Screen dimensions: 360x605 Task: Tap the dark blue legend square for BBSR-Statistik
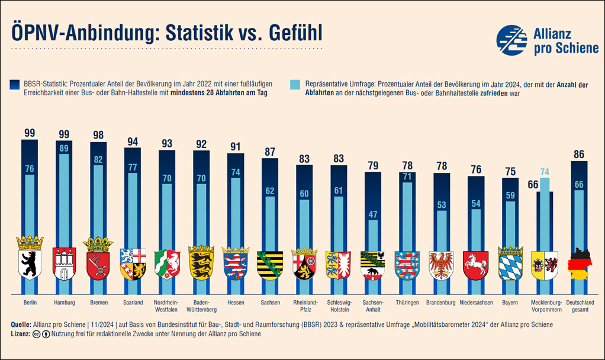[x=14, y=85]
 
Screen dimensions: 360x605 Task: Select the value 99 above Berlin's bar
[x=29, y=133]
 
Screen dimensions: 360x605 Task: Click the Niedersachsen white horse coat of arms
[x=475, y=264]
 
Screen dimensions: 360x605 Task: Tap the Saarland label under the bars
[x=132, y=303]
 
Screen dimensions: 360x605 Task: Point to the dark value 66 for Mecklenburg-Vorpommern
[x=533, y=185]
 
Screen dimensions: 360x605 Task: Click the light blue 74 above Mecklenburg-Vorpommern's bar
[x=545, y=172]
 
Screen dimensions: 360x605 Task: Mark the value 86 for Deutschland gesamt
[x=579, y=155]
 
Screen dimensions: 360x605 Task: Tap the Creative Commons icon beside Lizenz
[x=37, y=334]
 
